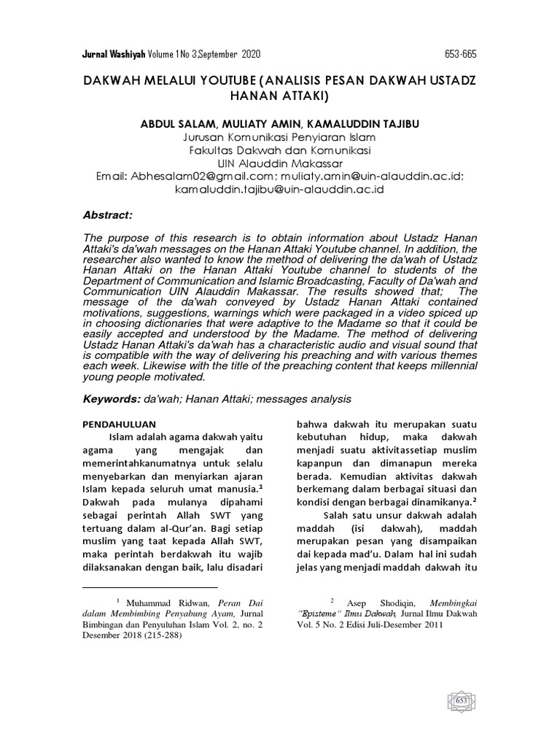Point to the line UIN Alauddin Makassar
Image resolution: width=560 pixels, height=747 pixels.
click(279, 163)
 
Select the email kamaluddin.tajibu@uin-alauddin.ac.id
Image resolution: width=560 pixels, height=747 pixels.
click(279, 189)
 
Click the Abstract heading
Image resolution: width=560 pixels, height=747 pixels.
click(108, 215)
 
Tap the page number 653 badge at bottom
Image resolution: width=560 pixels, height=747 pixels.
click(461, 701)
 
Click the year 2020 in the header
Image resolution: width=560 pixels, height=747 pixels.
click(248, 55)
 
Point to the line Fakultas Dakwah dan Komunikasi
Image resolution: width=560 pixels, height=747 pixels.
click(279, 151)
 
